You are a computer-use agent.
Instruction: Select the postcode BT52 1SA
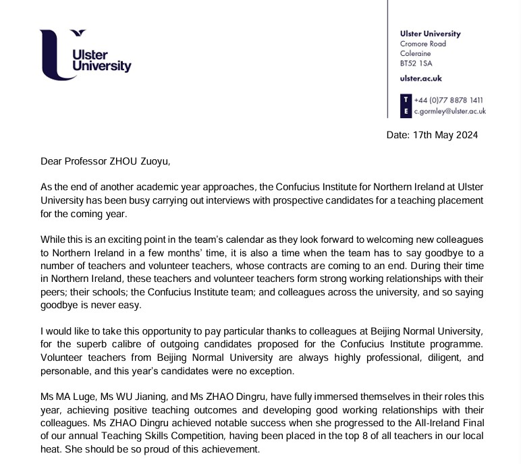tap(416, 63)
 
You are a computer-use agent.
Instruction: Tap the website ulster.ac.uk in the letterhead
tap(420, 79)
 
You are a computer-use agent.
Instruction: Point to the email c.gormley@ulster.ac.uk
tap(449, 111)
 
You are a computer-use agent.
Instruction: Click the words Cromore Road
tap(423, 44)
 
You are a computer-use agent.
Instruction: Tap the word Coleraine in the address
tap(416, 53)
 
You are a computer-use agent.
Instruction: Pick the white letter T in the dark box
tap(406, 100)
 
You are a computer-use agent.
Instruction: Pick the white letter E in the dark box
tap(406, 111)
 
